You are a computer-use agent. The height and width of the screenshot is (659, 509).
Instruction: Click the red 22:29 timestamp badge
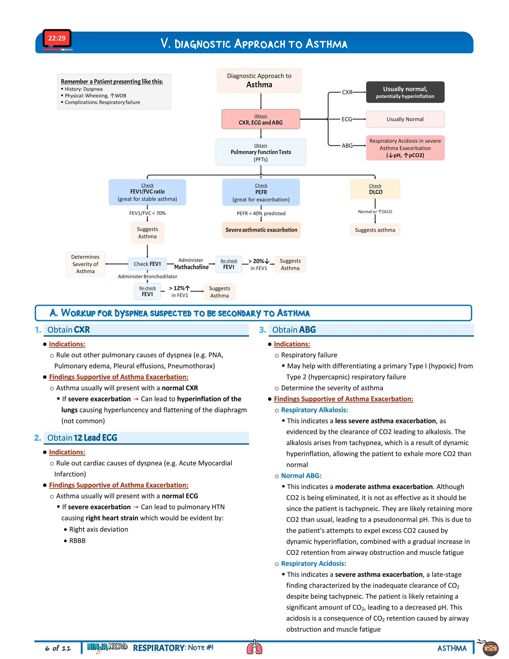coord(57,38)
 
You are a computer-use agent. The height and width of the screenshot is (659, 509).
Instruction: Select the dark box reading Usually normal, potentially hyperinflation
coord(405,92)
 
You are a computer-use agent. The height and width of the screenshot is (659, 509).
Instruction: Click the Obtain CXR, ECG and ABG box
coord(260,119)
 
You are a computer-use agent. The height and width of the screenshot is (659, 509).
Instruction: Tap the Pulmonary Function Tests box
coord(260,152)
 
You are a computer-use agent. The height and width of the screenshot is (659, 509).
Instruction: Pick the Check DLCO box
coord(375,189)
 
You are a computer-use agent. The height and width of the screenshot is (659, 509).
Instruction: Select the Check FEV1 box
coord(147,264)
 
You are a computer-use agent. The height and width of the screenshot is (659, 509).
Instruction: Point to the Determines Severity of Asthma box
coord(85,264)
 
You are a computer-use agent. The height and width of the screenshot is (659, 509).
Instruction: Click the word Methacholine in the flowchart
coord(191,267)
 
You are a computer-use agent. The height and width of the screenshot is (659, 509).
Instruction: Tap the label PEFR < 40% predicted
coord(261,213)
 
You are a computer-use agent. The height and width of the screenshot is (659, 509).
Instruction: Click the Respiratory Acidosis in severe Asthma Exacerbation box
coord(405,148)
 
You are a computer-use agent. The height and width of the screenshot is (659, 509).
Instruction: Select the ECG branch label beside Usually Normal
coord(347,119)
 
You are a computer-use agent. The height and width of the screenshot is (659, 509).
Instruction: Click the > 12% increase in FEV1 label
coord(179,291)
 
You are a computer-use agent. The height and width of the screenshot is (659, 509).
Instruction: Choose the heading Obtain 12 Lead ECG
coord(82,437)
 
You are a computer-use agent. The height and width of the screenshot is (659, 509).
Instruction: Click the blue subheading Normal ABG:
coord(301,475)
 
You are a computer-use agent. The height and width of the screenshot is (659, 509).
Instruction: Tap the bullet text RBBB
coord(77,541)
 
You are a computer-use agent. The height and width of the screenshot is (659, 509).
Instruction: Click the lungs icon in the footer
coord(254,647)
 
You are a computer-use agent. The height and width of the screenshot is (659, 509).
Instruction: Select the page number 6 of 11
coord(58,648)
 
